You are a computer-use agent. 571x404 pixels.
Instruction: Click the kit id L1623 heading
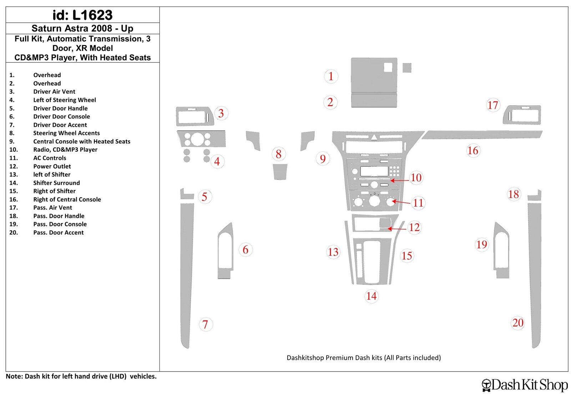[82, 15]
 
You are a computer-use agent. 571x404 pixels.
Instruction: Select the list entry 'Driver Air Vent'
[54, 91]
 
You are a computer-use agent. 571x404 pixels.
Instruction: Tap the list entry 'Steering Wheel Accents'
[66, 133]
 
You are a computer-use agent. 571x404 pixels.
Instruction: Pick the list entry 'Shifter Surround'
[56, 183]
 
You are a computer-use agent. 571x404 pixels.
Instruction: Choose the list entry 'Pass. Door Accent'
[59, 232]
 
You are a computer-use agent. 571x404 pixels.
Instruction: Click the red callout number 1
[331, 76]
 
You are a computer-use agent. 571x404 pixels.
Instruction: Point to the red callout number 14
[372, 296]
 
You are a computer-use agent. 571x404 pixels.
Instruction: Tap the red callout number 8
[279, 154]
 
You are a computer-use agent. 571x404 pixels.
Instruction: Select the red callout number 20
[518, 323]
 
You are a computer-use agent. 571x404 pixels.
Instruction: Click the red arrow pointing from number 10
[399, 181]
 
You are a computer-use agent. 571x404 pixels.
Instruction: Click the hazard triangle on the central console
[374, 137]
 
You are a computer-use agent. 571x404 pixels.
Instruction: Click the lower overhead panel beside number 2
[374, 100]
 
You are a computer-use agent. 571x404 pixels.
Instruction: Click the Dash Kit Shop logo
[525, 385]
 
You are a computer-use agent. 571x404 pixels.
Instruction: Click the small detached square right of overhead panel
[407, 68]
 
